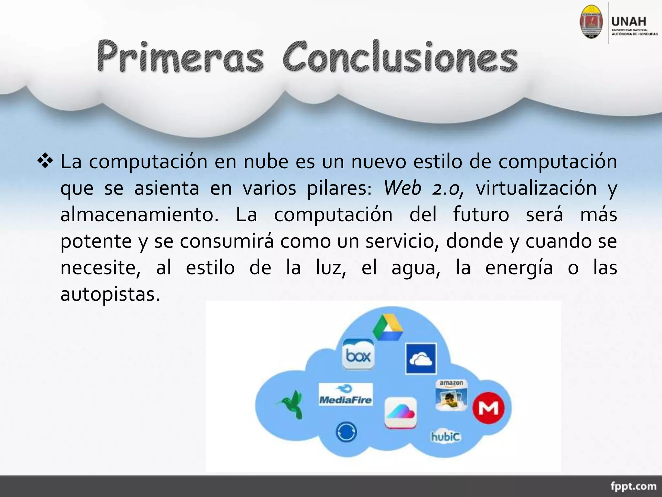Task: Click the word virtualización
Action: click(536, 188)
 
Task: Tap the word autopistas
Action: click(110, 294)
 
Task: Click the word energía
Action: click(519, 268)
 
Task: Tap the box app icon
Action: click(358, 355)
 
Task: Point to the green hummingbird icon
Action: click(291, 405)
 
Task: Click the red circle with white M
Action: click(488, 408)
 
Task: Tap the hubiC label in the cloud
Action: click(445, 437)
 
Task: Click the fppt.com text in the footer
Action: click(633, 486)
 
